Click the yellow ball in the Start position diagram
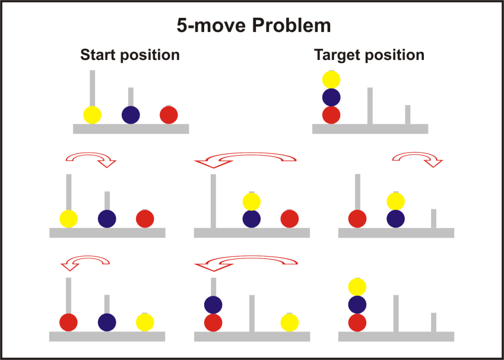(92, 115)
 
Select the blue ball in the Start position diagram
(131, 115)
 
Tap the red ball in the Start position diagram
(169, 115)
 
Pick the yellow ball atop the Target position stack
(331, 80)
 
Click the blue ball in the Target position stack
(331, 97)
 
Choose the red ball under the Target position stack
(331, 115)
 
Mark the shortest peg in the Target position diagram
(408, 115)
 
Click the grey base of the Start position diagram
(131, 129)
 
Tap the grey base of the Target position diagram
(370, 129)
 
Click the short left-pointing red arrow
(86, 261)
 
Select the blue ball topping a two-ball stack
(213, 305)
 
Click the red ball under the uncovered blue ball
(213, 323)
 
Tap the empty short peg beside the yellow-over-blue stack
(433, 218)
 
